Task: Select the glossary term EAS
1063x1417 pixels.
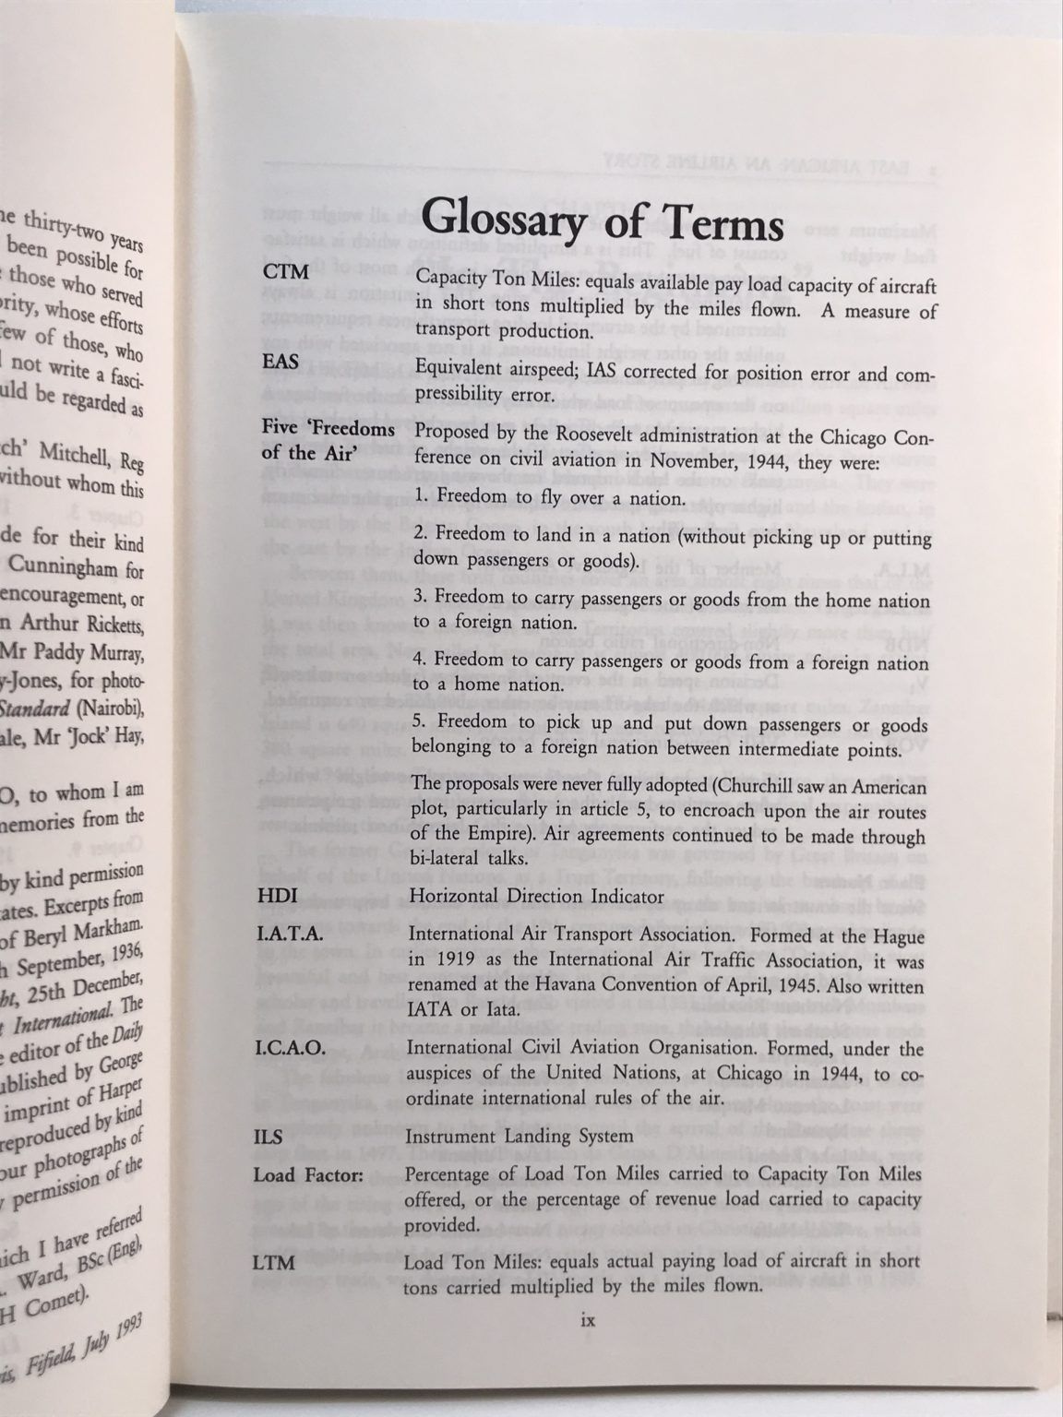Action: click(x=281, y=362)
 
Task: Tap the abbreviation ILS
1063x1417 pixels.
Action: click(x=269, y=1137)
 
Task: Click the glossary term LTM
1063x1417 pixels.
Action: click(x=274, y=1261)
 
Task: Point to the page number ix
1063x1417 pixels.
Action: click(x=590, y=1320)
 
